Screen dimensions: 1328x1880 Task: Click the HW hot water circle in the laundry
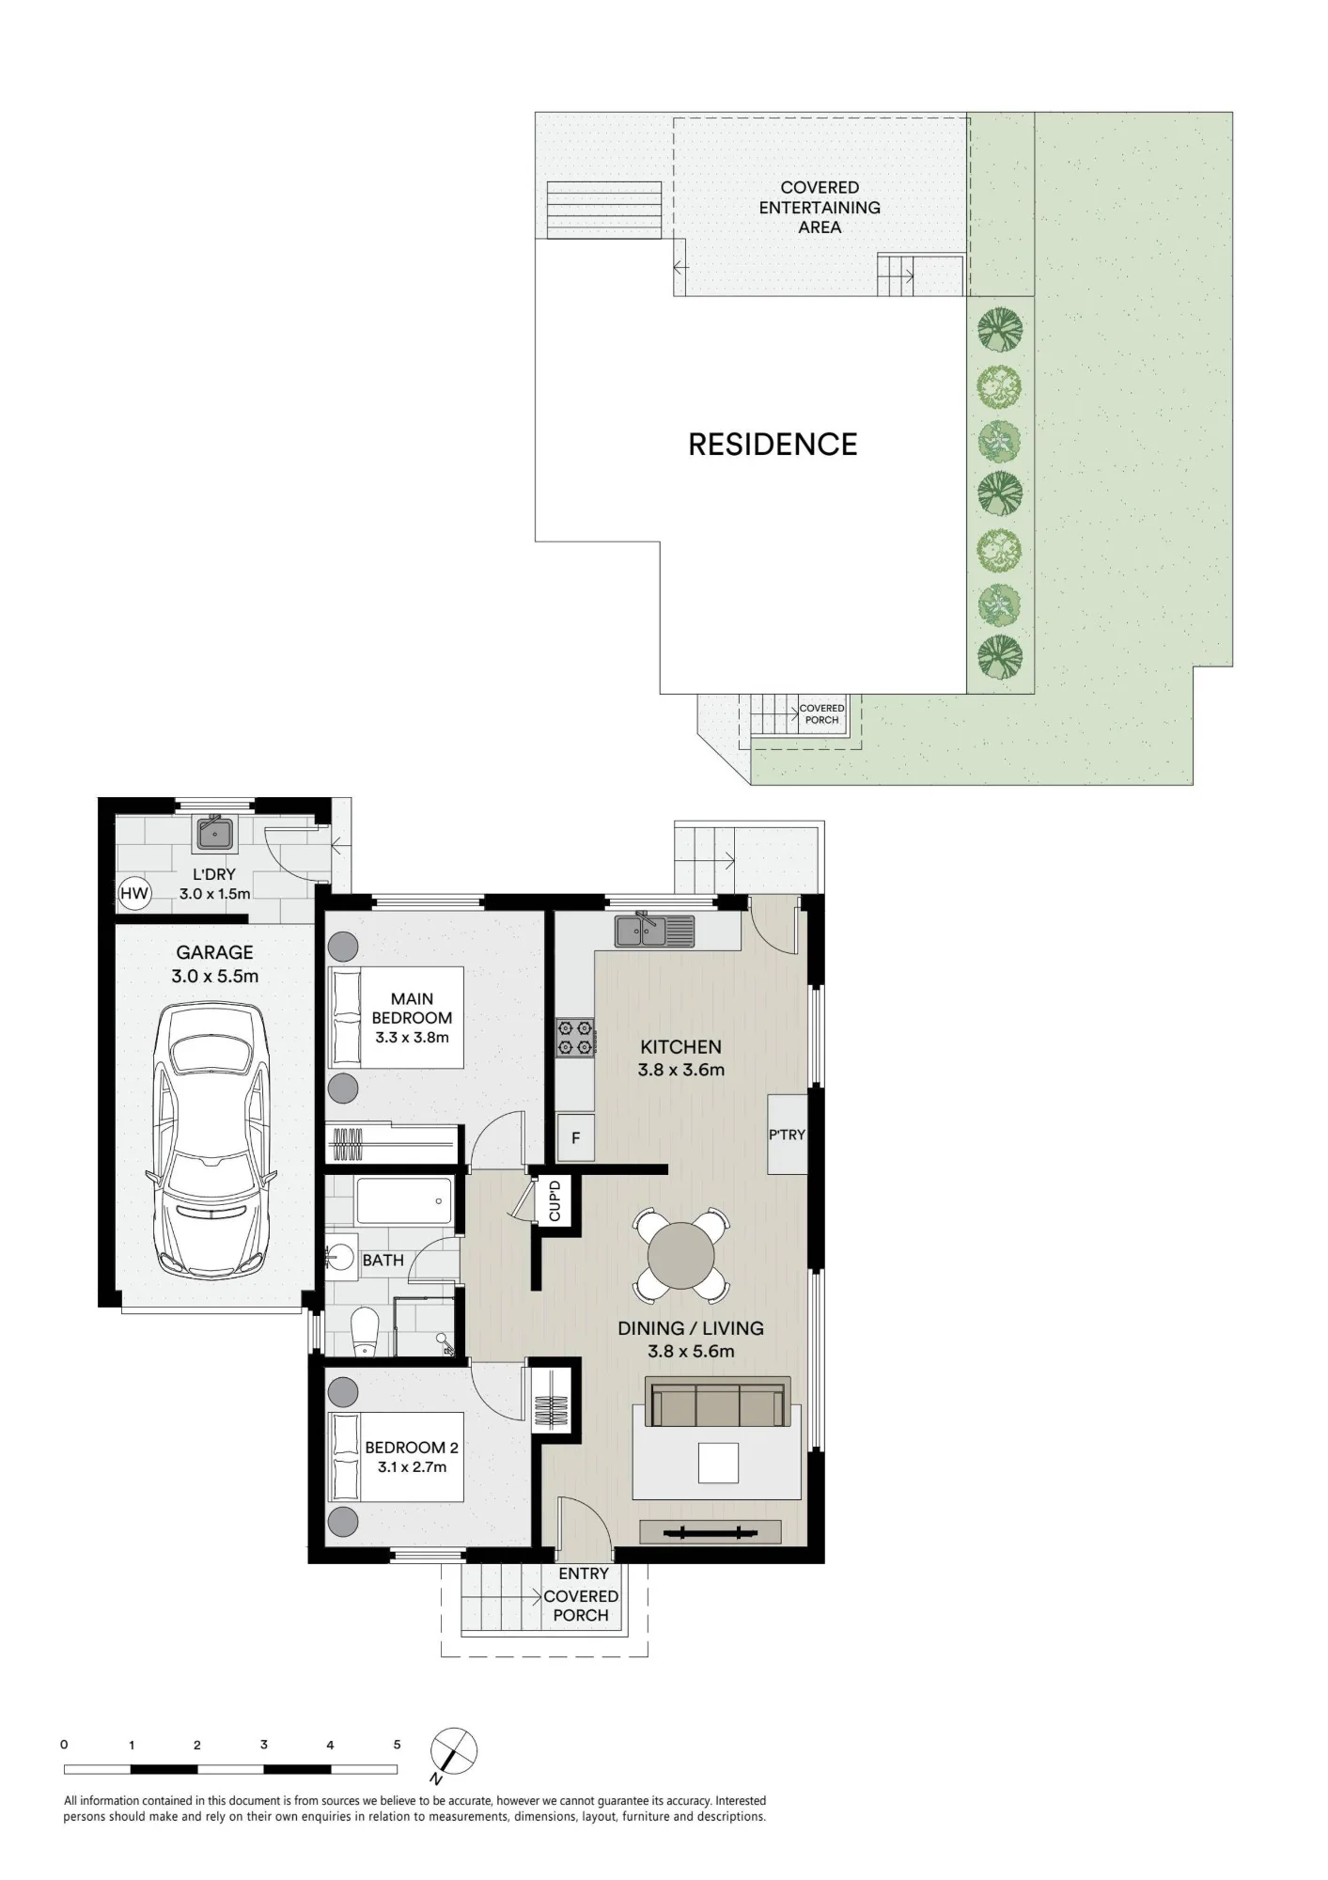[134, 893]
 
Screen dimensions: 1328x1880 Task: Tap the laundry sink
[215, 832]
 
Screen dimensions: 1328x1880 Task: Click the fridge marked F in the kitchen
[575, 1137]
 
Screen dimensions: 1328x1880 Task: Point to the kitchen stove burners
[575, 1037]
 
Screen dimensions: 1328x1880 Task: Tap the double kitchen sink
[655, 931]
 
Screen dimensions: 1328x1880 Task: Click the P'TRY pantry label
[788, 1135]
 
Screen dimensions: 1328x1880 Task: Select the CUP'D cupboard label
[555, 1200]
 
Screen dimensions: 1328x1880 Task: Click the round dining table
[681, 1256]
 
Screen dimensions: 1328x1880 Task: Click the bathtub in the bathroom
[404, 1200]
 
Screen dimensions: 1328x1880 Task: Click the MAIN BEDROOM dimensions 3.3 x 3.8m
[412, 1038]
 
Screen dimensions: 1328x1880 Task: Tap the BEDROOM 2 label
[412, 1448]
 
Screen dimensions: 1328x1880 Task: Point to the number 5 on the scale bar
[397, 1745]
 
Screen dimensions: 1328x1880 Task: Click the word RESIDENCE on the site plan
[773, 445]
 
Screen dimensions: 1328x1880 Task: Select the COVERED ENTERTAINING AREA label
[820, 208]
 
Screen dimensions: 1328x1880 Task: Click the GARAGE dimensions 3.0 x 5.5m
[214, 977]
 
